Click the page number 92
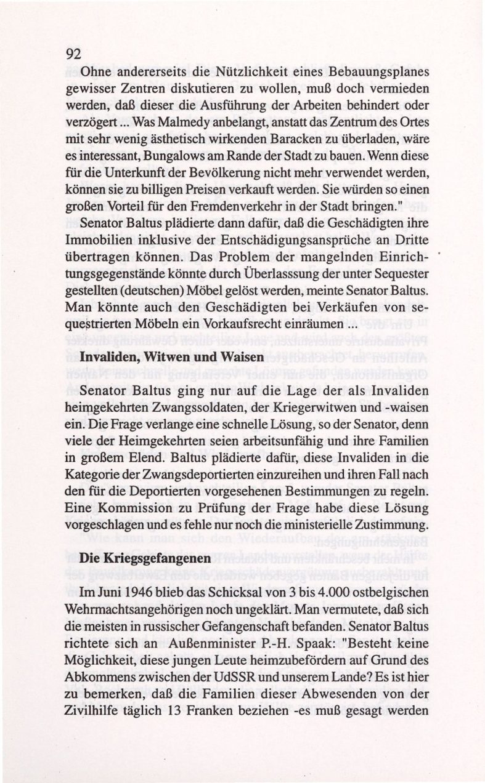(x=73, y=54)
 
